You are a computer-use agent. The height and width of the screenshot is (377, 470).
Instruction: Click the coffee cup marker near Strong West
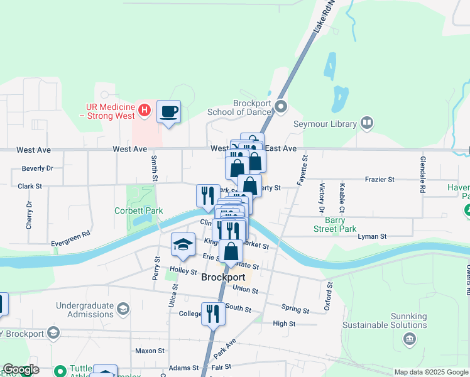168,112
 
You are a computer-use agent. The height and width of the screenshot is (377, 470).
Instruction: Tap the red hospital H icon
145,111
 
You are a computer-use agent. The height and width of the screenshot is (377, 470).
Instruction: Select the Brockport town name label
223,277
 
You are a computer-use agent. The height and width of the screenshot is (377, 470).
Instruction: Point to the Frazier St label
380,180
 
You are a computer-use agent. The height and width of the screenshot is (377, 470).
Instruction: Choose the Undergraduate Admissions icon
123,309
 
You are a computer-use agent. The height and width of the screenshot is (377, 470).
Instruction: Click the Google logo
21,369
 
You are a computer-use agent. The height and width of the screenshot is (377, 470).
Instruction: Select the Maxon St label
150,351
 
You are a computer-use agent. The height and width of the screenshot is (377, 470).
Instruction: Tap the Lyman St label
372,236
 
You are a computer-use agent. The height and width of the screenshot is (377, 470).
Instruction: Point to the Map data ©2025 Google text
431,372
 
